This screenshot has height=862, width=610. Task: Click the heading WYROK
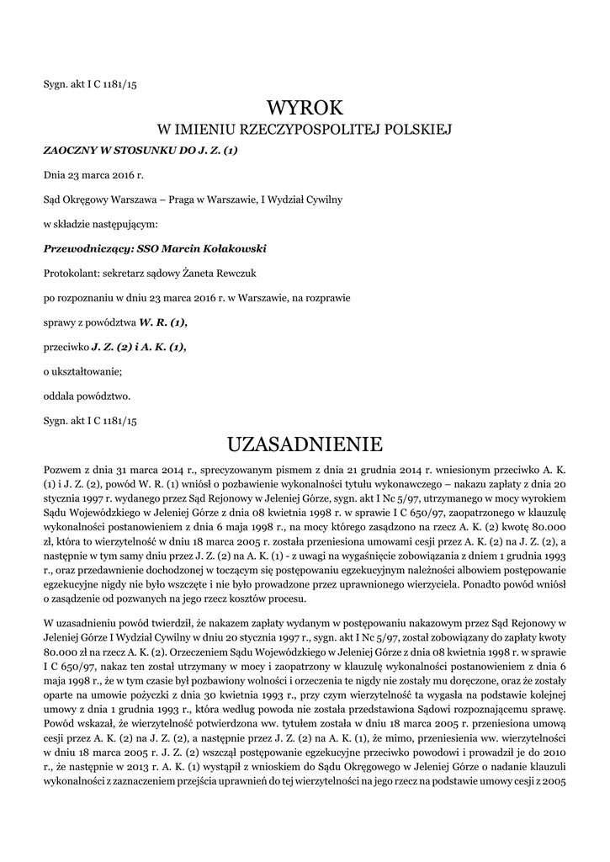pos(305,107)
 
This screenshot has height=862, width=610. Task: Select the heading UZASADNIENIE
pos(305,443)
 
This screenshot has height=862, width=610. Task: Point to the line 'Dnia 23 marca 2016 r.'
pos(93,175)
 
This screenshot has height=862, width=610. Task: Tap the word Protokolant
pos(69,274)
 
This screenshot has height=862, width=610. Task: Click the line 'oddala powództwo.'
pos(87,396)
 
